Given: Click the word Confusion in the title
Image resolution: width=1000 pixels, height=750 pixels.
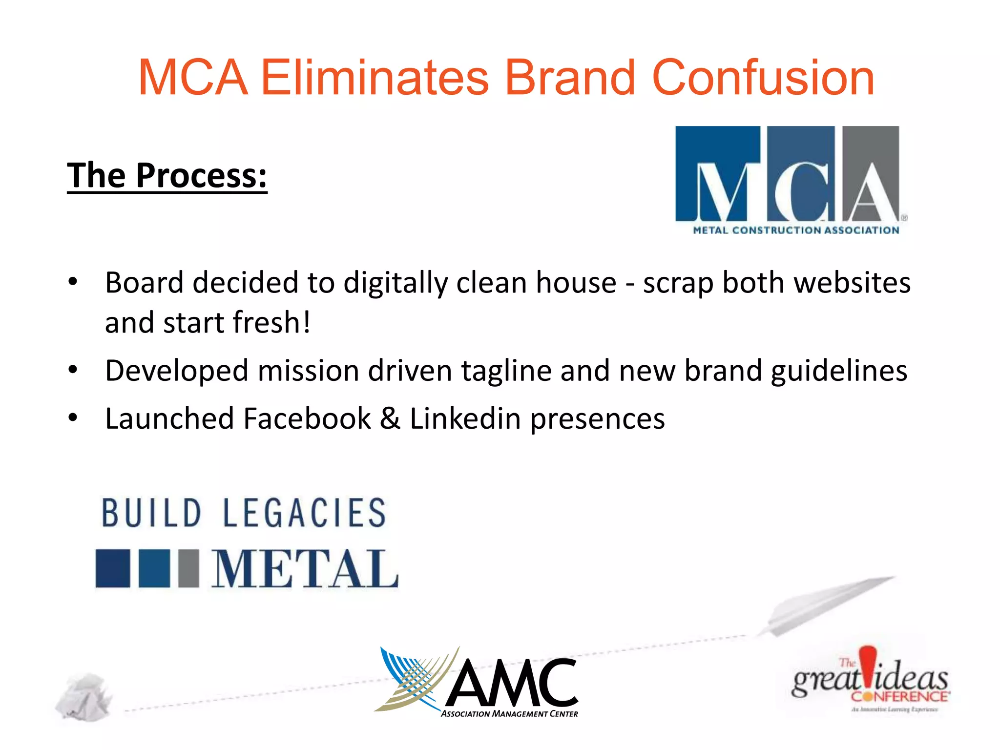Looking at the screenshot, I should point(763,78).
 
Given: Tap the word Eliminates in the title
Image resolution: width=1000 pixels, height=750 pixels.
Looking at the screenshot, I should point(375,78).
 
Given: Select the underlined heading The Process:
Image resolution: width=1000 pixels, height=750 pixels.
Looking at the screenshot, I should point(167,176).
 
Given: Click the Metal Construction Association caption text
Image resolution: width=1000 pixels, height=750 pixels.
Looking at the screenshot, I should point(796,230).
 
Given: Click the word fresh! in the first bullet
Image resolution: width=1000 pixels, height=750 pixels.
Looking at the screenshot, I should point(271,323).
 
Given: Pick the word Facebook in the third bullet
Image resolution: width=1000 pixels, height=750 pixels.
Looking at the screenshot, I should point(307,419).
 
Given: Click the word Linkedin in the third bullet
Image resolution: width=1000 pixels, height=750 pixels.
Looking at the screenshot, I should point(465,419).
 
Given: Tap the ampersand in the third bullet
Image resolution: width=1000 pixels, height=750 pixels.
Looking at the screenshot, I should point(390,419).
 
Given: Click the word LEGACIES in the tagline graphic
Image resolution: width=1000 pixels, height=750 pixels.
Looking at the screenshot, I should point(305,513).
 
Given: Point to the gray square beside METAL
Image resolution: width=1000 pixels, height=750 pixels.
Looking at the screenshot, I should point(188,568).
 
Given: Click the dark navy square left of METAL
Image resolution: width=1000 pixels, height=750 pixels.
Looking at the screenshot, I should point(113,568).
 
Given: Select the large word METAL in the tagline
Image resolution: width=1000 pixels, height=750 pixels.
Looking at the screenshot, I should point(305,569).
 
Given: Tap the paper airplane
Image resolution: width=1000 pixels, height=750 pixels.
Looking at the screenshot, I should point(825,605).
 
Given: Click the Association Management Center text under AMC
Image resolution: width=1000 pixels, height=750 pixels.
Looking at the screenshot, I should point(509,714).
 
